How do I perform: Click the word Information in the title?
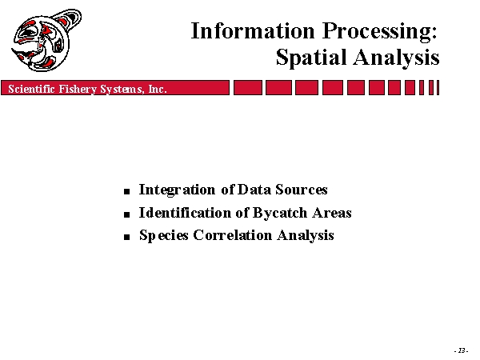tap(253, 30)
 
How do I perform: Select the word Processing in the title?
tap(380, 32)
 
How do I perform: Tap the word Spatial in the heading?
tap(311, 58)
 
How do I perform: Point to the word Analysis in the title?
tap(397, 58)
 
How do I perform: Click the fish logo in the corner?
tap(46, 41)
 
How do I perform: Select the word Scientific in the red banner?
tap(31, 89)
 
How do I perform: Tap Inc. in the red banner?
tap(158, 89)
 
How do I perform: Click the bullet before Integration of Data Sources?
tap(126, 192)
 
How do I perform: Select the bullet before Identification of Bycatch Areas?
tap(126, 214)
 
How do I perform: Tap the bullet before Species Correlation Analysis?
tap(126, 237)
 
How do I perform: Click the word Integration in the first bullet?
tap(178, 190)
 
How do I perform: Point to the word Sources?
tap(302, 190)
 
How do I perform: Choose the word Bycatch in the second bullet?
tap(280, 213)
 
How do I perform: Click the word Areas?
tap(332, 213)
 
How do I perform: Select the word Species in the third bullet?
tap(164, 236)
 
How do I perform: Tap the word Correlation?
tap(233, 235)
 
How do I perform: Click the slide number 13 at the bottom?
tap(462, 350)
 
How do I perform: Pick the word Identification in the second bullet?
tap(185, 213)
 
